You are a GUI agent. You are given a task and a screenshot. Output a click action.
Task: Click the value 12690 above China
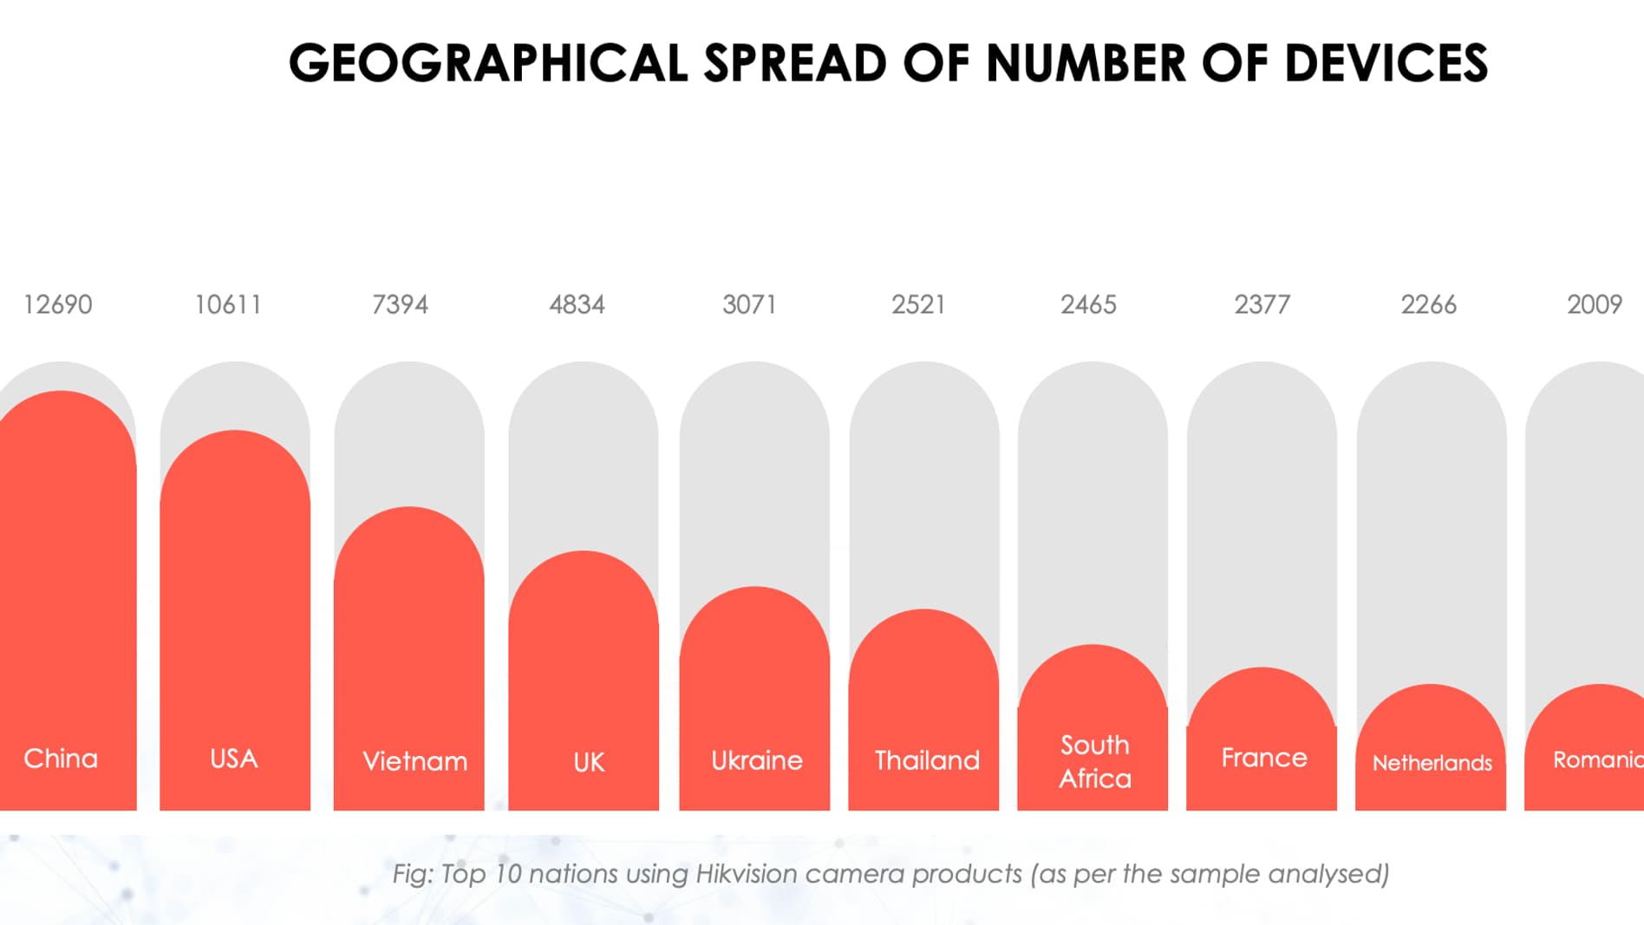pos(57,304)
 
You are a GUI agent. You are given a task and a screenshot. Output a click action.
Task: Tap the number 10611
pos(228,304)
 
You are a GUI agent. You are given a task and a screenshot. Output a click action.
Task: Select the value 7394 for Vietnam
pos(400,304)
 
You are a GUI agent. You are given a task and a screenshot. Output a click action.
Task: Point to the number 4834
pos(577,304)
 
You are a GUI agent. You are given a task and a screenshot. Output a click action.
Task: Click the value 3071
pos(748,304)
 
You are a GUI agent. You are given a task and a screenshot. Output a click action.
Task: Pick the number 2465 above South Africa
pos(1088,304)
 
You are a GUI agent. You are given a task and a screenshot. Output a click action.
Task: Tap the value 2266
pos(1428,304)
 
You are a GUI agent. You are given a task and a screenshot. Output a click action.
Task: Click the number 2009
pos(1594,304)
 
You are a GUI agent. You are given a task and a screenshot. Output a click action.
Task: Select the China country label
pos(61,759)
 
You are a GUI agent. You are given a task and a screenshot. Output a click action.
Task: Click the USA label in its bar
pos(234,759)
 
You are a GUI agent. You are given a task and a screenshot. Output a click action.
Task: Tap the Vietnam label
pos(414,761)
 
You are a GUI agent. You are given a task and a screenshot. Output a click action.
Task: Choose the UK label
pos(589,762)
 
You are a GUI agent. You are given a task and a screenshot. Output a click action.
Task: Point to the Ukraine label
pos(757,760)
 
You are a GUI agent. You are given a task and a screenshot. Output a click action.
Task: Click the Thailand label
pos(927,760)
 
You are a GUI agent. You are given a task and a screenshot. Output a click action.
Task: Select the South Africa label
pos(1095,761)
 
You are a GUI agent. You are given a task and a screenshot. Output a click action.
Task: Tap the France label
pos(1264,758)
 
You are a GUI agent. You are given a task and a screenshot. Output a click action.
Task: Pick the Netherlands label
pos(1432,763)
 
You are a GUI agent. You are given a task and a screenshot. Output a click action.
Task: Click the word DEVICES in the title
pos(1386,63)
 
